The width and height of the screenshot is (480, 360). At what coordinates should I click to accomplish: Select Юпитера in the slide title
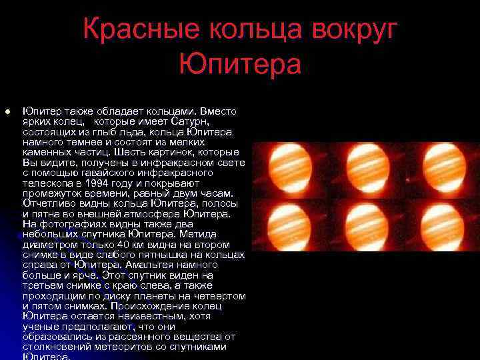240,65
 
